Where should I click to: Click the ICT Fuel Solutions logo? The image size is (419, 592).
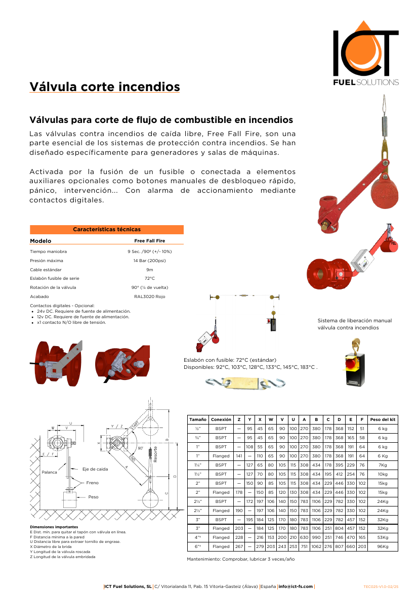point(365,53)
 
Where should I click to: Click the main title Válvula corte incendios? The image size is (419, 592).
point(105,87)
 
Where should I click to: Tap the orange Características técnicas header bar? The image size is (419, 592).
point(107,230)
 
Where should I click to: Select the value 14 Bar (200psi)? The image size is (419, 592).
point(149,261)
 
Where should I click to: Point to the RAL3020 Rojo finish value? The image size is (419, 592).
point(149,297)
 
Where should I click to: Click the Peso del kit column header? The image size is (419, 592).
point(383,419)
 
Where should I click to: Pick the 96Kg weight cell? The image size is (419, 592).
point(383,546)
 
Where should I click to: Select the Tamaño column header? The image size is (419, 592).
point(197,419)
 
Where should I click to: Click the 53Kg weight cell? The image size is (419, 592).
point(383,537)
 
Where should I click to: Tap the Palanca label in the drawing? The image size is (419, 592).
point(49,472)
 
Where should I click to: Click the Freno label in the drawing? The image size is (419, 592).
point(92,483)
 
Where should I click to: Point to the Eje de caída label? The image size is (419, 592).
point(95,469)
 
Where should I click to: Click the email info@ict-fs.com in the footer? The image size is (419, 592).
point(296,586)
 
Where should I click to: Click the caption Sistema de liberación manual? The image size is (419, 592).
point(354,320)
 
